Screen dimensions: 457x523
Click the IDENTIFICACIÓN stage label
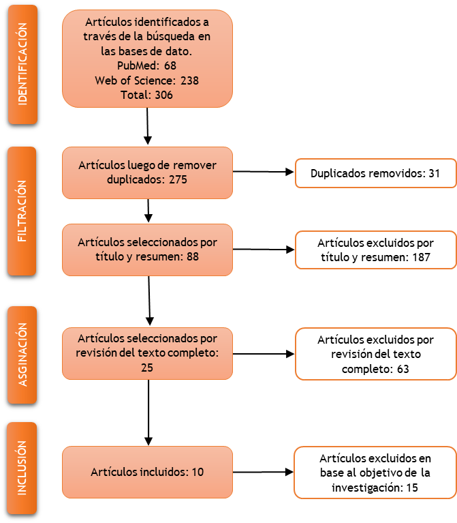(x=22, y=64)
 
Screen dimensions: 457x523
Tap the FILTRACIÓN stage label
(x=22, y=211)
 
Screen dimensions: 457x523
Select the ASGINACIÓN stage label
(x=22, y=355)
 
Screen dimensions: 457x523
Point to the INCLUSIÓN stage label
(x=22, y=468)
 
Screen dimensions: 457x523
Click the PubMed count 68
(x=170, y=65)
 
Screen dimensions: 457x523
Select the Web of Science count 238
(x=189, y=80)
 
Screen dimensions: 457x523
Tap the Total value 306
(x=163, y=95)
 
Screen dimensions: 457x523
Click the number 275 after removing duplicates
(x=178, y=180)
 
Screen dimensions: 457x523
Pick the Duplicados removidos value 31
(x=434, y=173)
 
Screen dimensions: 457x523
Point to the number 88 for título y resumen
(x=193, y=257)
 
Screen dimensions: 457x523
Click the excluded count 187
(x=421, y=258)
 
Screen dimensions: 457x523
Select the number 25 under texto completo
(x=147, y=368)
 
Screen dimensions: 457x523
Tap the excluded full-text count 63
(x=403, y=369)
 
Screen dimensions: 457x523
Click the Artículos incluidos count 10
(x=198, y=472)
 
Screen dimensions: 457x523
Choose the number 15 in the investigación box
(x=412, y=488)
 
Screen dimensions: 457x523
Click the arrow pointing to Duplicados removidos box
(x=263, y=172)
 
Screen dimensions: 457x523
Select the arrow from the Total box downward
(x=148, y=126)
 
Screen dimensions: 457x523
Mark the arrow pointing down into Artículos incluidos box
(x=148, y=413)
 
